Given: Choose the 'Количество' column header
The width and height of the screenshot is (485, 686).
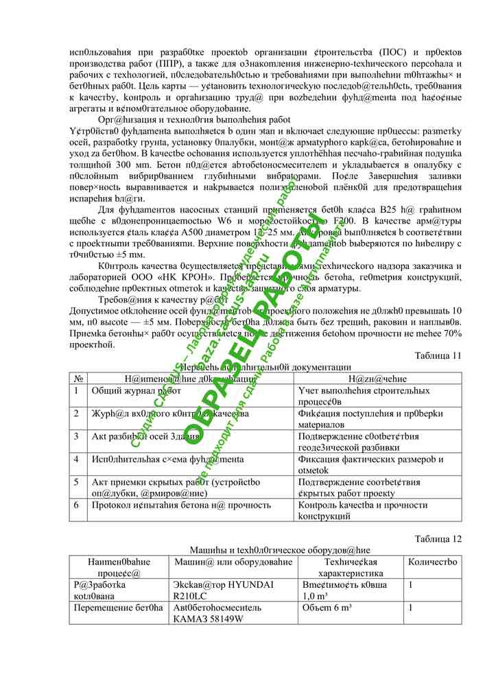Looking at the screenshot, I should [x=432, y=562].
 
